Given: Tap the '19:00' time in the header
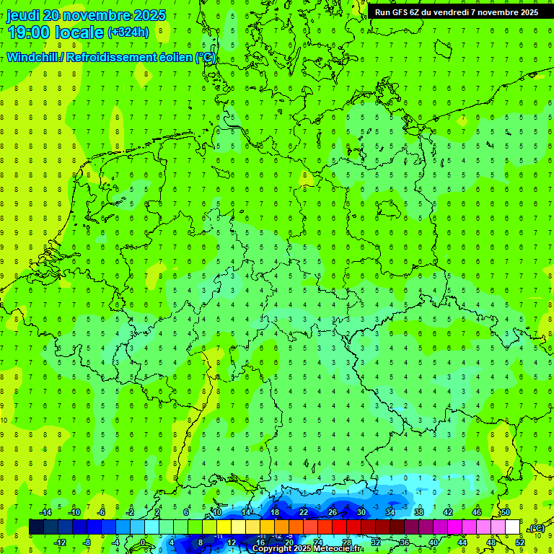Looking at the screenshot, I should click(x=28, y=32).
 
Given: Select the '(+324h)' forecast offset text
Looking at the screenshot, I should click(x=128, y=32).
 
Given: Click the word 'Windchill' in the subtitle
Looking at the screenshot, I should click(x=33, y=58).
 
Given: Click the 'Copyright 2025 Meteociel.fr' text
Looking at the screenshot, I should click(x=307, y=549).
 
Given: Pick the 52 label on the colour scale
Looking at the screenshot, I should click(x=519, y=542).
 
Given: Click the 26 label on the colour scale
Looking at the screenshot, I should click(x=332, y=512).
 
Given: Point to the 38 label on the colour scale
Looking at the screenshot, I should click(x=418, y=512).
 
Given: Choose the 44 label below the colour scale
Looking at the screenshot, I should click(x=462, y=542).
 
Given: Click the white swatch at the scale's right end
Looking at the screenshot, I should click(x=512, y=527).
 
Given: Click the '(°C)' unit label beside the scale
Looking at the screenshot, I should click(x=537, y=528).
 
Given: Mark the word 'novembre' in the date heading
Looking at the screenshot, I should click(x=96, y=16).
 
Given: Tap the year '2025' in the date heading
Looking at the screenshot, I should click(x=149, y=16).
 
